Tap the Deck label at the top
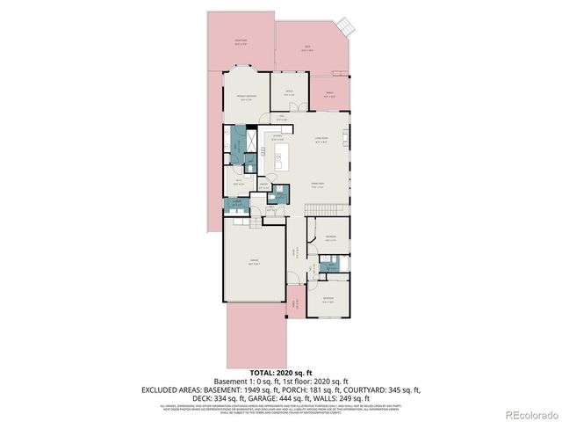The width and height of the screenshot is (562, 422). (307, 49)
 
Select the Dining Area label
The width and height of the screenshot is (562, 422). (317, 185)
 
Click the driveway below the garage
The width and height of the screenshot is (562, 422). (256, 338)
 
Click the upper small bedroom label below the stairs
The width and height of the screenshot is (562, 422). (329, 237)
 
